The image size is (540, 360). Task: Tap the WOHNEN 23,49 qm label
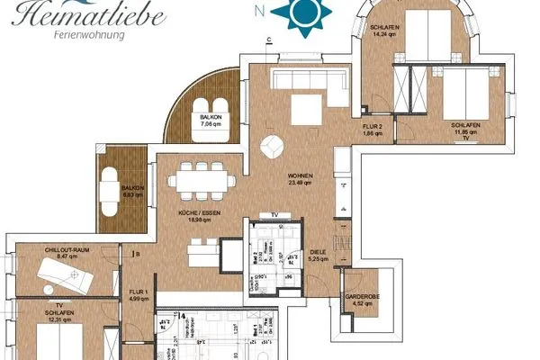tap(300, 178)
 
